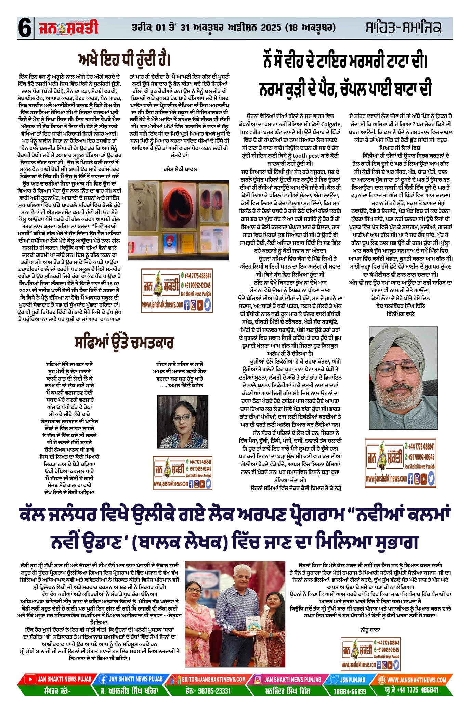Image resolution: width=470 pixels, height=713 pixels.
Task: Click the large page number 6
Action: tap(25, 28)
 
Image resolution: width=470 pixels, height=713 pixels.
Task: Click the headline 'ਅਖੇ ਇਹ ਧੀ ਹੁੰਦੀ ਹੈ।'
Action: tap(124, 59)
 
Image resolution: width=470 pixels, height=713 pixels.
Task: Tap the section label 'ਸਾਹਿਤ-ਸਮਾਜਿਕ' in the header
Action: tap(403, 28)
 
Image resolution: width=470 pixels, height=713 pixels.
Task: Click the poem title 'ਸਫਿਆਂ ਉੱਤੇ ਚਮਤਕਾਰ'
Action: tap(124, 343)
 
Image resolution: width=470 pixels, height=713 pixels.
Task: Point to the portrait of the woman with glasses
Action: tap(182, 421)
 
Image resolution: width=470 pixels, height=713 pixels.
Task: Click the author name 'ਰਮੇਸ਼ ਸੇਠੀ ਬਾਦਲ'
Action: tap(180, 169)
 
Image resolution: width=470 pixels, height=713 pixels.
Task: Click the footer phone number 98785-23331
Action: tap(208, 691)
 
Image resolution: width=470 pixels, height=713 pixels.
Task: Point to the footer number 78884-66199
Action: tap(350, 691)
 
